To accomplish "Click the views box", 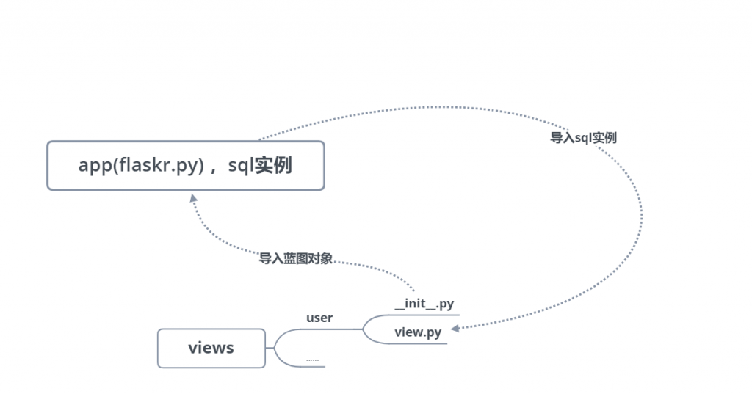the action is click(x=211, y=349).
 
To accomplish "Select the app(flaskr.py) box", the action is click(x=186, y=165).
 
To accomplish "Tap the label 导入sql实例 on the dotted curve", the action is click(x=582, y=138).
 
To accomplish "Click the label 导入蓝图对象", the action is click(x=295, y=259).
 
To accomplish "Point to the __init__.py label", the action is click(x=424, y=304).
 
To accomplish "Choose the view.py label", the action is click(x=418, y=332).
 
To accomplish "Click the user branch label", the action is click(x=319, y=318).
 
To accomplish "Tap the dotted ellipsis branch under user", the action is click(x=312, y=360).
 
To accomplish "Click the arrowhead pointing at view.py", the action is click(x=455, y=329).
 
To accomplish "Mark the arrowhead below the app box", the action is click(x=193, y=198).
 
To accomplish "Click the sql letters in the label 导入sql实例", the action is click(x=582, y=139).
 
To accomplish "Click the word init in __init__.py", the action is click(x=416, y=303).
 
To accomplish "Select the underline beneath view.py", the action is click(x=418, y=343).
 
